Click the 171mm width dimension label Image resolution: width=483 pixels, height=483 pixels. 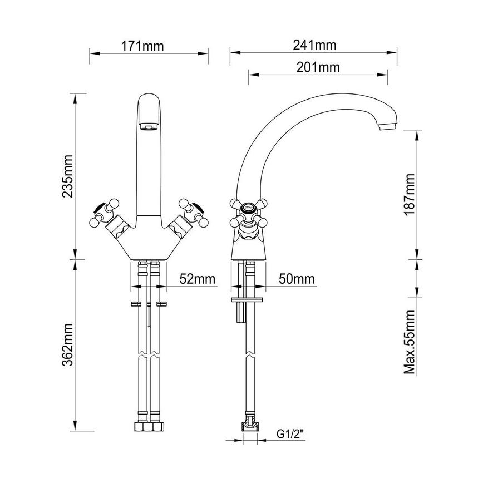142,45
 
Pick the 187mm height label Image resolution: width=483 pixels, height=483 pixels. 410,194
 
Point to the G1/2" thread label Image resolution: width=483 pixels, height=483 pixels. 291,433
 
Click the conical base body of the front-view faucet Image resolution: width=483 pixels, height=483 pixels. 149,245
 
